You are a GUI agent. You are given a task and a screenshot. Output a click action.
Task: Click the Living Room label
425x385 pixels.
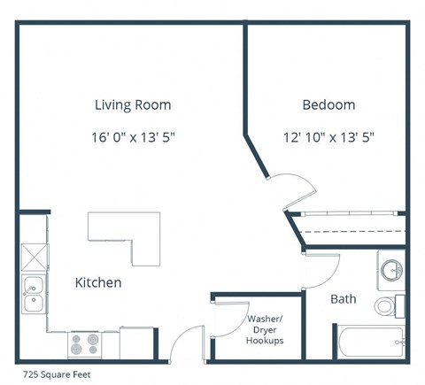pos(133,105)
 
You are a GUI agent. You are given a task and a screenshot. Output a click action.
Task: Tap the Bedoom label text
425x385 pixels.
pos(328,105)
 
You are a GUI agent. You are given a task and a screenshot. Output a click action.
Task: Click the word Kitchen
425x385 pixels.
pos(97,283)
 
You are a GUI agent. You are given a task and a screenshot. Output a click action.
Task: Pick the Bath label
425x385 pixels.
pos(344,299)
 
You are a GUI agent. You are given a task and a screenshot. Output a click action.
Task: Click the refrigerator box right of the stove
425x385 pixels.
pos(136,343)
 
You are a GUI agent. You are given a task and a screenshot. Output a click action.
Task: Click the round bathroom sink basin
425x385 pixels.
pos(390,269)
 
